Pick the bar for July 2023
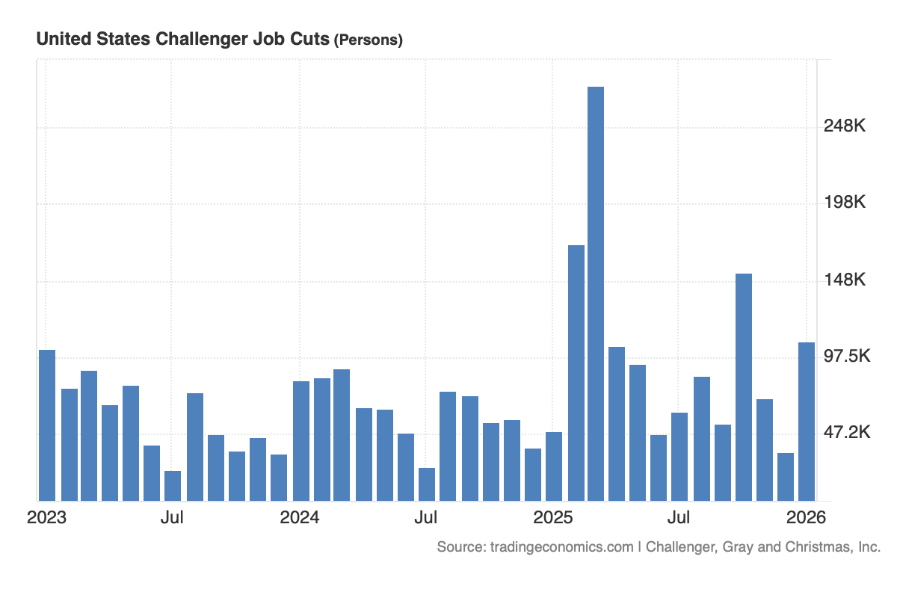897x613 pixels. point(173,485)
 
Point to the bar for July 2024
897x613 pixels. point(427,484)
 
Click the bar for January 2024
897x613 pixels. point(301,440)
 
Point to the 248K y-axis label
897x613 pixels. point(845,126)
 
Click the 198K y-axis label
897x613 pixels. point(845,203)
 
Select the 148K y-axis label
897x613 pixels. point(845,280)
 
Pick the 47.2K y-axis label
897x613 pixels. point(847,432)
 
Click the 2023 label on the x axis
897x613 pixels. point(46,517)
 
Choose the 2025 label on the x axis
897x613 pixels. point(553,517)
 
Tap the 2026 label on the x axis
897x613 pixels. point(806,517)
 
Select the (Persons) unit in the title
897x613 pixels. point(368,40)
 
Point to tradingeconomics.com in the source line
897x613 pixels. point(561,547)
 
